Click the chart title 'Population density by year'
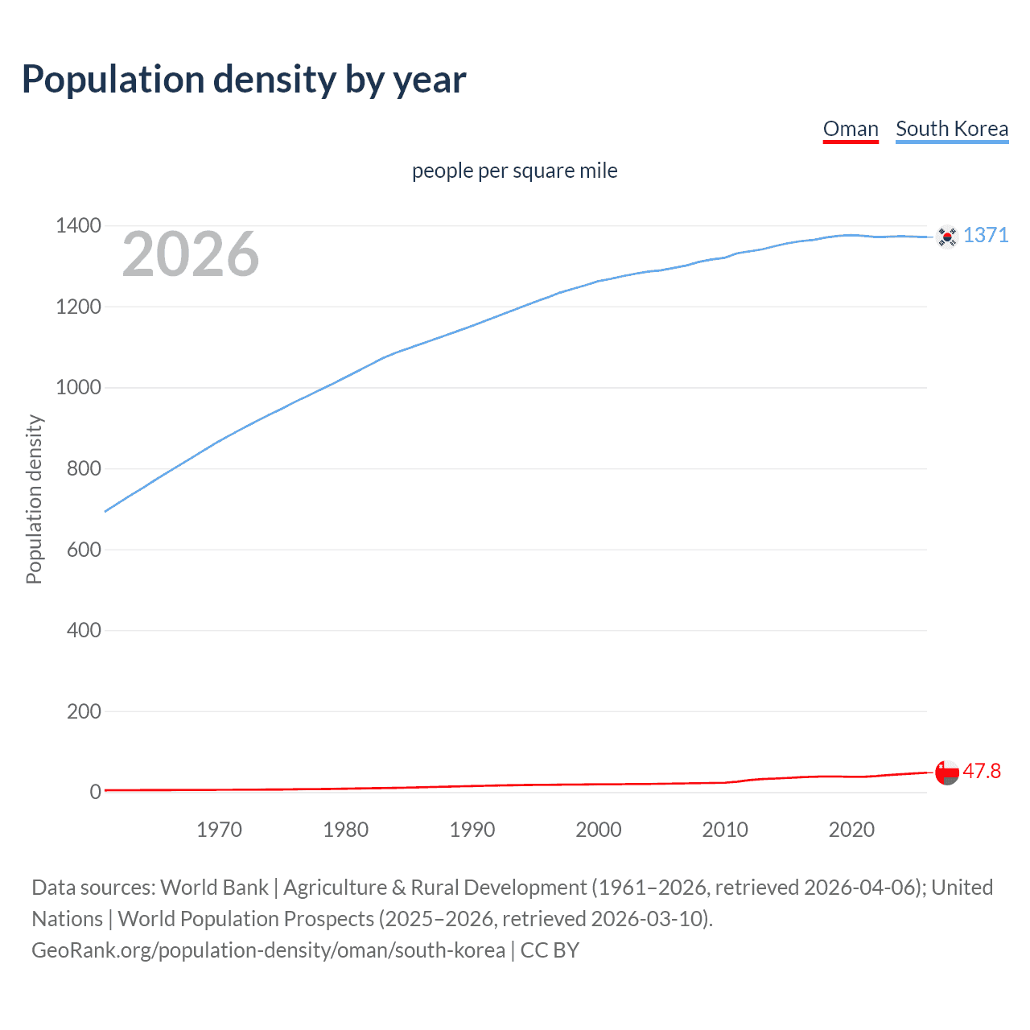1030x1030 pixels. (244, 80)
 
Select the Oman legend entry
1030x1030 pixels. (851, 129)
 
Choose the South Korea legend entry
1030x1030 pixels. (952, 129)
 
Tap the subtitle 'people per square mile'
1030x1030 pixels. (514, 171)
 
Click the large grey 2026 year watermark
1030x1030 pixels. (191, 254)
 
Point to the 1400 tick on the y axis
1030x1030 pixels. (78, 226)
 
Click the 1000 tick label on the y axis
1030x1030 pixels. (78, 388)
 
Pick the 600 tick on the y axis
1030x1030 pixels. (84, 550)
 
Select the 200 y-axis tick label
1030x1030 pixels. (84, 711)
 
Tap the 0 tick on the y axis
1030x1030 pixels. (96, 793)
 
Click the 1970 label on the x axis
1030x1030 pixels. (219, 830)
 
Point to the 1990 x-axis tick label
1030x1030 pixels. (472, 830)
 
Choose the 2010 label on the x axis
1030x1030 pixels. (725, 830)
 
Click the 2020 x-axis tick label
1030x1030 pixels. (851, 830)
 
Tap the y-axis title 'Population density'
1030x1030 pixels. (34, 499)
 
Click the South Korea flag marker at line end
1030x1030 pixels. (947, 237)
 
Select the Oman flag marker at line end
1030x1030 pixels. (947, 772)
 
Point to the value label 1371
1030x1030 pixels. (986, 235)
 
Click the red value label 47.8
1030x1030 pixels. (982, 771)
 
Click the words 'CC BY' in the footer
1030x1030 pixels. (550, 950)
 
